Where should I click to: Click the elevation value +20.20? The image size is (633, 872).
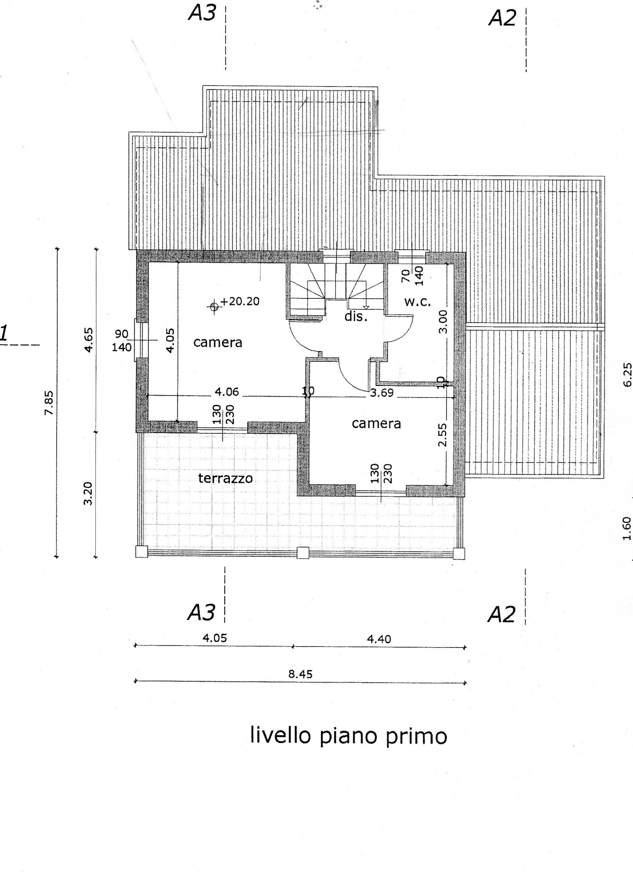point(240,301)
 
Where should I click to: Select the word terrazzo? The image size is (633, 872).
point(226,478)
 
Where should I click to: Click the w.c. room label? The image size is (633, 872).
point(417,302)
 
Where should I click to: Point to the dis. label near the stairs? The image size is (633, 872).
point(356,317)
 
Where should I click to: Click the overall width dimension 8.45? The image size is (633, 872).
point(301,674)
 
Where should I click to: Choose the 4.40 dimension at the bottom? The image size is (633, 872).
point(379,639)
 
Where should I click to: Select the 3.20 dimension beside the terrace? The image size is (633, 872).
point(88,494)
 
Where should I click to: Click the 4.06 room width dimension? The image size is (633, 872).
point(227,392)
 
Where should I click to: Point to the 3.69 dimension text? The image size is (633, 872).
point(382,393)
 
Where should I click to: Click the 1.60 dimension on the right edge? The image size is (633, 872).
point(627,528)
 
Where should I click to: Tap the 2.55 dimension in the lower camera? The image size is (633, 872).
point(442,435)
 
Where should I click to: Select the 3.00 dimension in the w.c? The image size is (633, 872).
point(443,322)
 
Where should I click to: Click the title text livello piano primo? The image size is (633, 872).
point(349,736)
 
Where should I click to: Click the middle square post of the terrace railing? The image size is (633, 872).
point(303,553)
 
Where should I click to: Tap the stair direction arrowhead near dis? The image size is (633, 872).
point(366,307)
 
